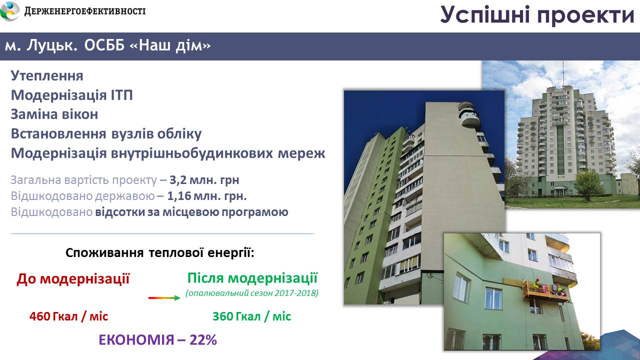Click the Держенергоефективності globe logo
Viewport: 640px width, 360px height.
10,11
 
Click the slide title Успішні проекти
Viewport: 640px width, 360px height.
537,15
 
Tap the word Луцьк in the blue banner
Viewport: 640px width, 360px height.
51,45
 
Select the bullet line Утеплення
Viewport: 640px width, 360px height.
47,75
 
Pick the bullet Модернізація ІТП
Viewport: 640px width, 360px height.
71,95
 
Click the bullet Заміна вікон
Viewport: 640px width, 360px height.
54,114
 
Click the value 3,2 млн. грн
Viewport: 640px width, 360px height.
204,180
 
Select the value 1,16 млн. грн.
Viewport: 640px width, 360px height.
207,196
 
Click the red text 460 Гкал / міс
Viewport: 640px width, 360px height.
68,316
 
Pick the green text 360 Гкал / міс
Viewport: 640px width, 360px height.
251,316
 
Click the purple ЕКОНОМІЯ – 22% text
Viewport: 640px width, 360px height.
157,340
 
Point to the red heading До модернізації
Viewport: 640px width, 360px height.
73,279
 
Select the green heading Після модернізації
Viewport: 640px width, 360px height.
252,277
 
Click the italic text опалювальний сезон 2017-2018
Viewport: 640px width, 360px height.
252,293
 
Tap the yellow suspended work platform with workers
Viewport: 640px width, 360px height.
545,291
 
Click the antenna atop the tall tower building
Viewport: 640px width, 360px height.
563,73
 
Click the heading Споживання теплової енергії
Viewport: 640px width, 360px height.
159,253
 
